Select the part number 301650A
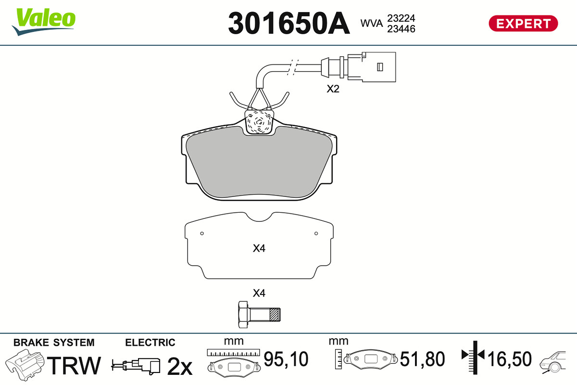(288, 23)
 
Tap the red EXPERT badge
(523, 23)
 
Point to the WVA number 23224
(401, 18)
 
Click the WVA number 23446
(401, 29)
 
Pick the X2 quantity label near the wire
(333, 89)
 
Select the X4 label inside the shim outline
(259, 249)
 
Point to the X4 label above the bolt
(259, 293)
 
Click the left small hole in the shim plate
(202, 234)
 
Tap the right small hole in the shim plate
(316, 234)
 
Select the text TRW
(75, 366)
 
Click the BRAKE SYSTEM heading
(54, 343)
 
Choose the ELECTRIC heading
(150, 343)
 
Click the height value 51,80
(423, 359)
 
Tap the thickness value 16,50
(510, 359)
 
